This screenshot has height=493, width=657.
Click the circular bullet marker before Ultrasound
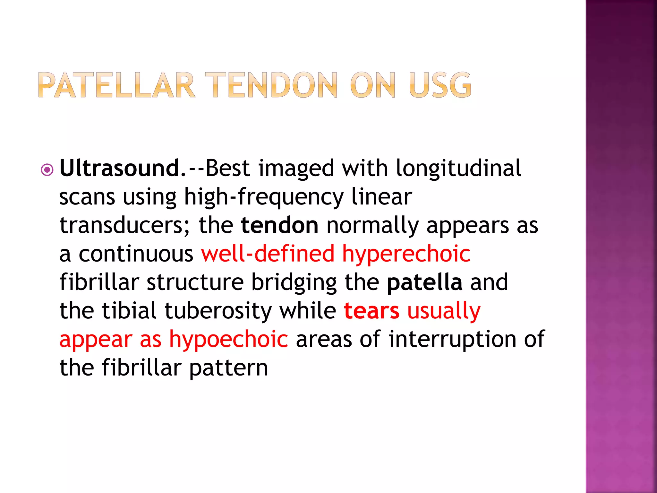coord(47,170)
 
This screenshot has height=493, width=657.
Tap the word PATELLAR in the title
coord(116,85)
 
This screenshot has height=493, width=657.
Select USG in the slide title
coord(440,85)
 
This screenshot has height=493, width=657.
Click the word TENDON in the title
coord(271,85)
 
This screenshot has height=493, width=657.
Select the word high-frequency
coord(263,197)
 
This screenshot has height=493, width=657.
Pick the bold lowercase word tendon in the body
coord(279,225)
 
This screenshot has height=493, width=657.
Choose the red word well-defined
coord(268,254)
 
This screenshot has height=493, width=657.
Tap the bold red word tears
coord(371,311)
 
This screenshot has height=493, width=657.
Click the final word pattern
coord(228,368)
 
